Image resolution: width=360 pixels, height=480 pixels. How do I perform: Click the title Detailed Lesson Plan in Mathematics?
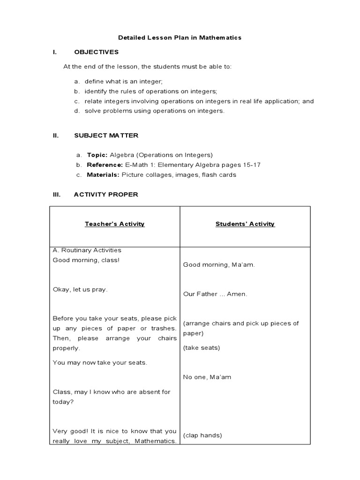tap(180, 37)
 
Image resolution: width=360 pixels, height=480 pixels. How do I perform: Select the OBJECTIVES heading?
tap(96, 52)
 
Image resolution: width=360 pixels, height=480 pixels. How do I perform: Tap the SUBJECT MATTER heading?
tap(106, 135)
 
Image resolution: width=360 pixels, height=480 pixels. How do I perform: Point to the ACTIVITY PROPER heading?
tap(106, 195)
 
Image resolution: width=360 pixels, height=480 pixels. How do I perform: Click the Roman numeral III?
tap(57, 195)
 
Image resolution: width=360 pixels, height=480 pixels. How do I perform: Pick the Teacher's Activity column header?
tap(114, 224)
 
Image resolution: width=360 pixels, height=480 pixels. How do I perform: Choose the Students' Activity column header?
tap(245, 224)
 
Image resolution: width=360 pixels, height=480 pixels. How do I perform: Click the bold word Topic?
tap(97, 155)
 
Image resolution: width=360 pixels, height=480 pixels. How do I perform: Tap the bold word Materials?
tap(103, 175)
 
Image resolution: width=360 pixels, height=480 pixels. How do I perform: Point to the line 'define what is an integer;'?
tap(123, 82)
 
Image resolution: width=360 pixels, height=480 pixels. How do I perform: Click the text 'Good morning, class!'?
tap(86, 260)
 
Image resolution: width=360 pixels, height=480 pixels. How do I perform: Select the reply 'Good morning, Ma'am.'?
tap(212, 265)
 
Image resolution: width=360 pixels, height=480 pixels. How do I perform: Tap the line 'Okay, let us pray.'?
tap(80, 289)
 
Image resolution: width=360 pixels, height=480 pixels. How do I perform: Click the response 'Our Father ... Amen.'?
tap(215, 294)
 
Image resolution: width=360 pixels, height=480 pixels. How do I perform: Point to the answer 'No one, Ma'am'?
tap(207, 377)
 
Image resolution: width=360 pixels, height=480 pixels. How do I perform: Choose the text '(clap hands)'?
tap(202, 435)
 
